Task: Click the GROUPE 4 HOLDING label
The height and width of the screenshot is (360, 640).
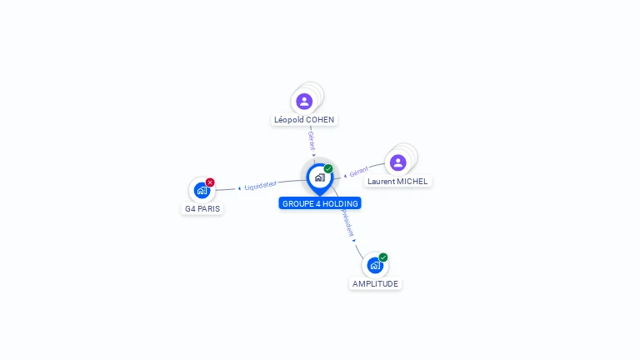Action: (320, 203)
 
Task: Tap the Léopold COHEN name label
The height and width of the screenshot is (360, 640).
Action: (304, 120)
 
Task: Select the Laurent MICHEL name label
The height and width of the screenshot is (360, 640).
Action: (397, 181)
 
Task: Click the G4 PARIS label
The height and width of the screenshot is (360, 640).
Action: (202, 208)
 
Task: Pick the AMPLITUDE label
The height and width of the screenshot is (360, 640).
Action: (376, 283)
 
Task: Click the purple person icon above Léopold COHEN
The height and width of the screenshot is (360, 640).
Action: (304, 101)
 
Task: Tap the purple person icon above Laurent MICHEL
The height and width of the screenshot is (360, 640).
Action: (397, 162)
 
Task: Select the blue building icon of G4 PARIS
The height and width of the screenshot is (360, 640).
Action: (202, 191)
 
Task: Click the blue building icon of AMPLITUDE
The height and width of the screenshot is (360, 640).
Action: (375, 266)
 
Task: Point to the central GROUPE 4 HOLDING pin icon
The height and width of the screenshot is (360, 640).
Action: (319, 177)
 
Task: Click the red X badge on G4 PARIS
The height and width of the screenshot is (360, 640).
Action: (210, 182)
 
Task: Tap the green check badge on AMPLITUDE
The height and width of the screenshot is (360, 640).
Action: (383, 257)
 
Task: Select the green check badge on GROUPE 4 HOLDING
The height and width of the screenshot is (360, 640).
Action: (328, 168)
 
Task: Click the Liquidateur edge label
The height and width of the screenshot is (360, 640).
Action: (260, 185)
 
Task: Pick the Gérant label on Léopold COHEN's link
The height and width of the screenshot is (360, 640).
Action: (311, 139)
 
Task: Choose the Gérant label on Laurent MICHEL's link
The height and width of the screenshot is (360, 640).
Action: (358, 172)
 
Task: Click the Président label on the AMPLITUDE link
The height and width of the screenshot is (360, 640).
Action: (347, 222)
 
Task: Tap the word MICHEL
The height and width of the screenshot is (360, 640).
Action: (412, 181)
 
